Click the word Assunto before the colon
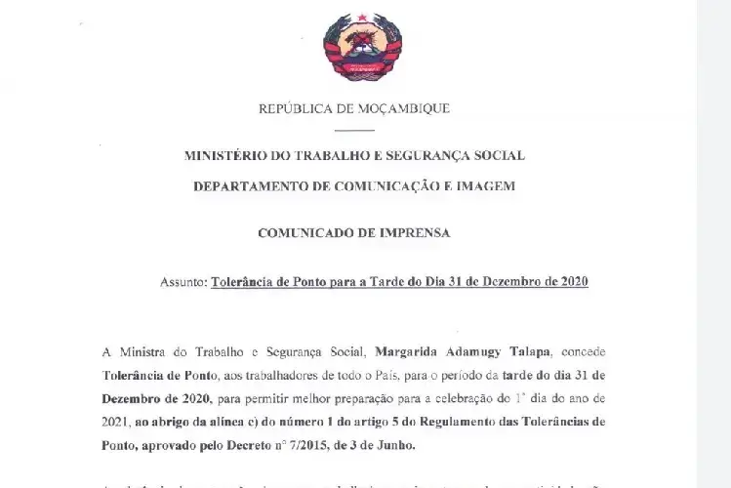pos(182,282)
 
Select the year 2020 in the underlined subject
pos(571,282)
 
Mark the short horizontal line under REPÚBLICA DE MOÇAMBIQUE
pos(353,130)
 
